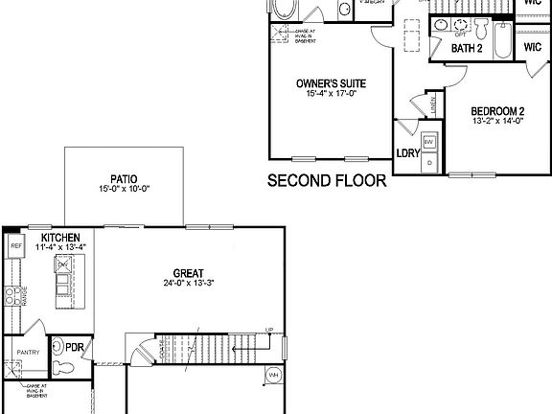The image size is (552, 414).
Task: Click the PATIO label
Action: click(124, 178)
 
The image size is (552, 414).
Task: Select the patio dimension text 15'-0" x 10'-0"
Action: click(124, 189)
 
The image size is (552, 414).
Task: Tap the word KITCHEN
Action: click(60, 238)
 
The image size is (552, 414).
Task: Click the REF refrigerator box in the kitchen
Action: click(15, 247)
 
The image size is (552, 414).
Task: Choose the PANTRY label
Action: click(28, 352)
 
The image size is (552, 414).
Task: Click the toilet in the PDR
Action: click(58, 369)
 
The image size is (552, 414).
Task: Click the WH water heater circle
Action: click(273, 375)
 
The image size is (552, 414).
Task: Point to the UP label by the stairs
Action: click(270, 331)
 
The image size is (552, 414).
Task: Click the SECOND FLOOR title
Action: click(327, 180)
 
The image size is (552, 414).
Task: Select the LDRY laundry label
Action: click(407, 152)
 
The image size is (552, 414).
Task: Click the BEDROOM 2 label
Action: click(497, 111)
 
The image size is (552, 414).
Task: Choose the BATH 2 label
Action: click(467, 50)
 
